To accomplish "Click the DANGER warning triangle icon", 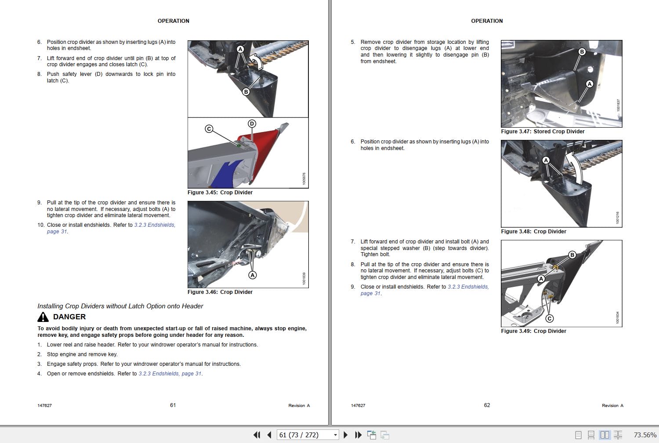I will click(x=43, y=317).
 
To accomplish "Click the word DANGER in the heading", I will click(x=69, y=317).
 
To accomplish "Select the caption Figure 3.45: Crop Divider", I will click(x=220, y=193).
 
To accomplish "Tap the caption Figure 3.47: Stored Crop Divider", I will click(x=543, y=132).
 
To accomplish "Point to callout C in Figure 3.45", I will click(x=209, y=129).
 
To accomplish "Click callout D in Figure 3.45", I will click(x=252, y=124).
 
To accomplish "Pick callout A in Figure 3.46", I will click(x=252, y=275).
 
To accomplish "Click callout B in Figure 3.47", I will click(x=582, y=52).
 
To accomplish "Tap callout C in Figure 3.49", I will click(x=550, y=318).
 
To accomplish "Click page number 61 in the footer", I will click(x=173, y=405).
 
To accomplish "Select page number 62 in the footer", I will click(x=487, y=405).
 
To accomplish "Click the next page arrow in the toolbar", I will click(x=345, y=435).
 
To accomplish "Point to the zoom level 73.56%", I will click(x=645, y=435).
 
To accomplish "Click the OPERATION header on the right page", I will click(x=487, y=21).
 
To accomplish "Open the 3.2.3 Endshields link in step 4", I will click(x=170, y=374).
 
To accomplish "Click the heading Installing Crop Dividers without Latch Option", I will click(x=120, y=306).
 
